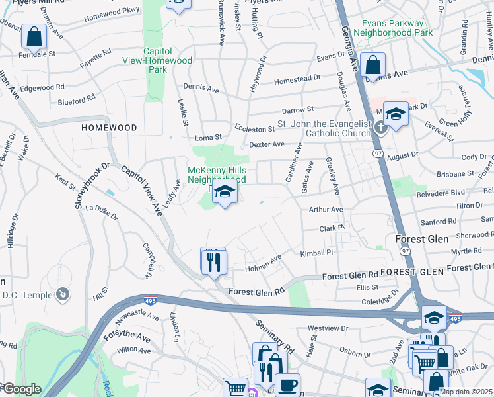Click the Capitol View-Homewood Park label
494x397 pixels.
(168, 60)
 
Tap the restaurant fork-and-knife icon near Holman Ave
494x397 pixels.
(213, 262)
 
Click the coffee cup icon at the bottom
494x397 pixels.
(287, 384)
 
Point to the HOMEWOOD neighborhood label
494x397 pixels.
(109, 127)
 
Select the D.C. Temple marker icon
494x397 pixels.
(63, 293)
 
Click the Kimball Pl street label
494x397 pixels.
(317, 253)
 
